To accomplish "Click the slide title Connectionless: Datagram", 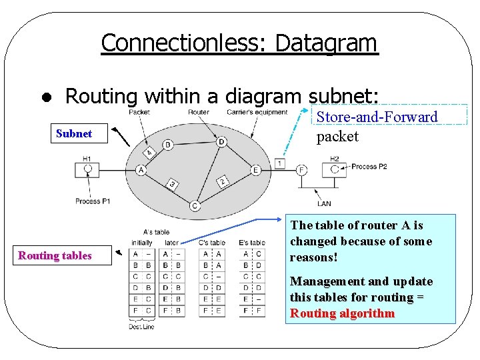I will point(239,43).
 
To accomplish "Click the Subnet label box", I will point(74,133).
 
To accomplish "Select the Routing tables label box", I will point(55,255).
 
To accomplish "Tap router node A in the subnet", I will point(141,170).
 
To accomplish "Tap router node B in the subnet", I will point(167,144).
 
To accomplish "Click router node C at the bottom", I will point(194,205).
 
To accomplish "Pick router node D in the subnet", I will point(221,141).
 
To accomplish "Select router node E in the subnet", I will point(255,170).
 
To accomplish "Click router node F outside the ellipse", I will point(302,170).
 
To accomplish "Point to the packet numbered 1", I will point(279,163).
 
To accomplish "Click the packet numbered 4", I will point(149,153).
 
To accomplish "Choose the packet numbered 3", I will point(172,184).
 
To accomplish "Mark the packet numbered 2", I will point(223,181).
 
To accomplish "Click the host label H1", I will point(87,159).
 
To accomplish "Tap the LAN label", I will point(324,204).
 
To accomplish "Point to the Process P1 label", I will point(92,201).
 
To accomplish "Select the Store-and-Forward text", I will point(377,117).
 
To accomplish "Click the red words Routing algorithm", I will point(342,313).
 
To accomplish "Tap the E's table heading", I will point(251,243).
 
